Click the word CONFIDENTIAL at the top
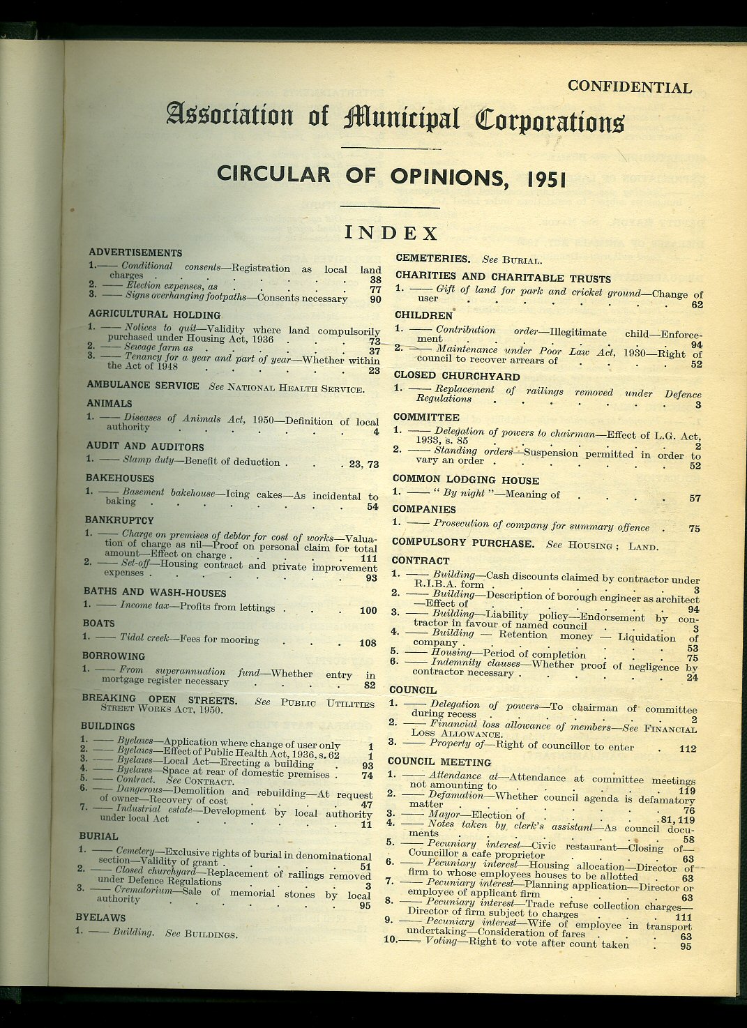click(629, 87)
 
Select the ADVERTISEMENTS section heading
click(135, 252)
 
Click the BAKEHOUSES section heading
click(120, 478)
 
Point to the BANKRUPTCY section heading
click(119, 520)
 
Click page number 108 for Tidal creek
click(367, 643)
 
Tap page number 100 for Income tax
click(368, 610)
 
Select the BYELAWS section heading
click(101, 917)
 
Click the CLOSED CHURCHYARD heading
click(456, 376)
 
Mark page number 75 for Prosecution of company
click(693, 529)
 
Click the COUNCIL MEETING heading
click(439, 762)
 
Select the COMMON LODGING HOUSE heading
click(465, 480)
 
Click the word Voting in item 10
click(442, 941)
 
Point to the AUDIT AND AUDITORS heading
click(145, 446)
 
